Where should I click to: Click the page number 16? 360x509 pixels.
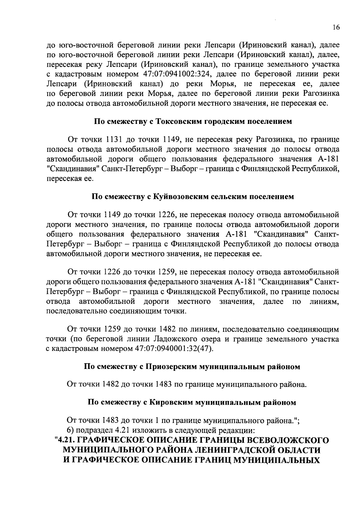click(x=336, y=28)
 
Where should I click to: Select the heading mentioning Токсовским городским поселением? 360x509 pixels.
click(x=193, y=121)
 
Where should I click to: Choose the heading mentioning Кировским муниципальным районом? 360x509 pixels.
click(x=192, y=403)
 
